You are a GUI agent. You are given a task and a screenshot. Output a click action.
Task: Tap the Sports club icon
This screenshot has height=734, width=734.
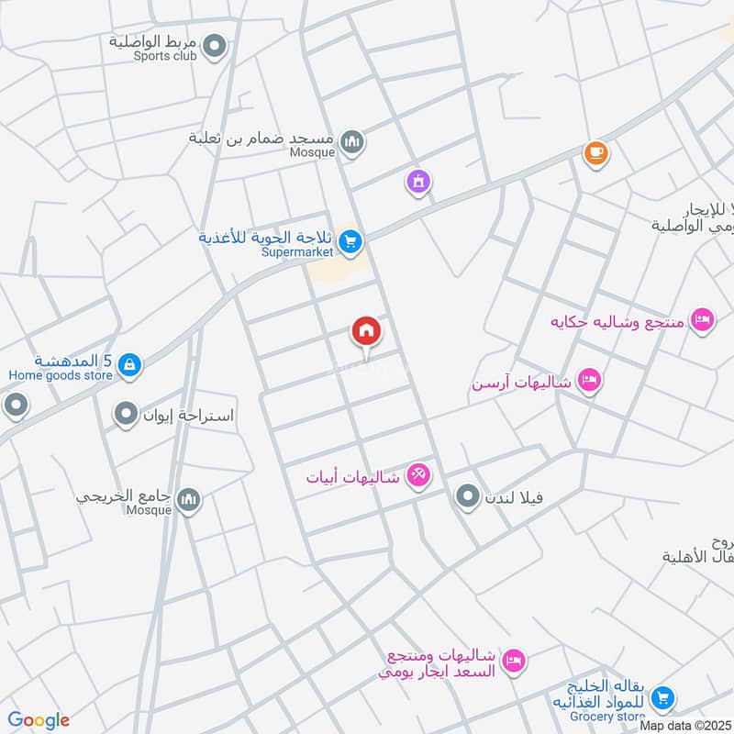coord(215,44)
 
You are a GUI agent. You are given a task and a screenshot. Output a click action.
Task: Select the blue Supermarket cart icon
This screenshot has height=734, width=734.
coord(349,241)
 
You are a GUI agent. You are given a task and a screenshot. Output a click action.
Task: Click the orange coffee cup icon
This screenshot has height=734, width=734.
coord(596,152)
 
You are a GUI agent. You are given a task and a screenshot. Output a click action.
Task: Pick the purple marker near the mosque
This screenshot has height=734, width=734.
coord(418,182)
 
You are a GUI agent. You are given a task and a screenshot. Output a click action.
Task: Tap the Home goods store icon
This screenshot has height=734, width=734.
coord(129,365)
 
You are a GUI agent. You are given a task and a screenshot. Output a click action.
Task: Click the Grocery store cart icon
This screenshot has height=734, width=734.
coord(662,699)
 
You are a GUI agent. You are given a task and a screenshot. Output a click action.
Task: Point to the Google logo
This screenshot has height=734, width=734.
coord(39,720)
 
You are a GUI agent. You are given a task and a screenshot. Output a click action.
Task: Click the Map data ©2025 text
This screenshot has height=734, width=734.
coord(686,725)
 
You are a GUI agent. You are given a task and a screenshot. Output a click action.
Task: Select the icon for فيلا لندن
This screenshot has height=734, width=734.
coord(468,497)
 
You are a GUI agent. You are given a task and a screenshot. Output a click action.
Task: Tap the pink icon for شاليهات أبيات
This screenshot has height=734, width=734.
coord(418,475)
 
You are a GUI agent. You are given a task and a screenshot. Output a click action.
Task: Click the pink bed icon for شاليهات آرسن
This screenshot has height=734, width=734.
coord(589,381)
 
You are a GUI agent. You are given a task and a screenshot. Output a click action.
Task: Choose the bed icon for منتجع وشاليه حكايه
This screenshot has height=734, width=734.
coord(702,320)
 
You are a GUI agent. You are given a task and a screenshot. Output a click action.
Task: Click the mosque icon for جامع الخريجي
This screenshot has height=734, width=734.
coord(189,499)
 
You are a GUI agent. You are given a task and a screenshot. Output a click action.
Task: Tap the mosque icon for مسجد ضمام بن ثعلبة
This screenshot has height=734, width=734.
coord(351,142)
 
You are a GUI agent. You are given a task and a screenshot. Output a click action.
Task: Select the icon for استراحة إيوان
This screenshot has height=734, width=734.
coord(125,415)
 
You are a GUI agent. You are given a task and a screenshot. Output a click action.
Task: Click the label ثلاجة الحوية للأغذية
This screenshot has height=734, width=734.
coord(266,237)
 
